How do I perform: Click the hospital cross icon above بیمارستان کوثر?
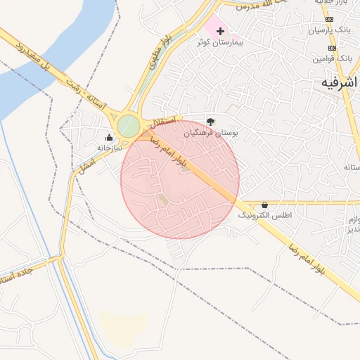(x=221, y=31)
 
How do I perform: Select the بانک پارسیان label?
(x=330, y=30)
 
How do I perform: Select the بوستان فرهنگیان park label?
(x=211, y=132)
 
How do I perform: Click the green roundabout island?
(x=129, y=127)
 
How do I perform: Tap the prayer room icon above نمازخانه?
(x=109, y=137)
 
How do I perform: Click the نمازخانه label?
(x=109, y=148)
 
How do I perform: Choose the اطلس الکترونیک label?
(x=265, y=216)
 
